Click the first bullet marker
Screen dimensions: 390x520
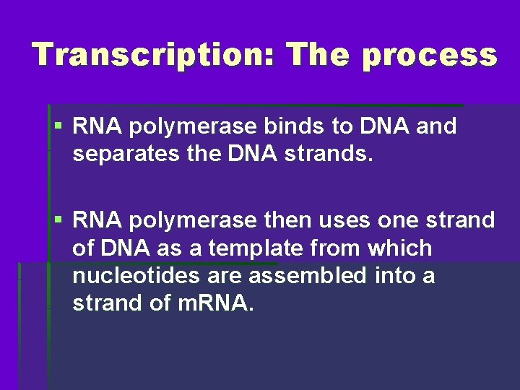click(58, 127)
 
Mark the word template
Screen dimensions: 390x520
click(248, 248)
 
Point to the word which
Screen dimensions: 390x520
click(399, 248)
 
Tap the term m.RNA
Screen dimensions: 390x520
click(217, 303)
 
